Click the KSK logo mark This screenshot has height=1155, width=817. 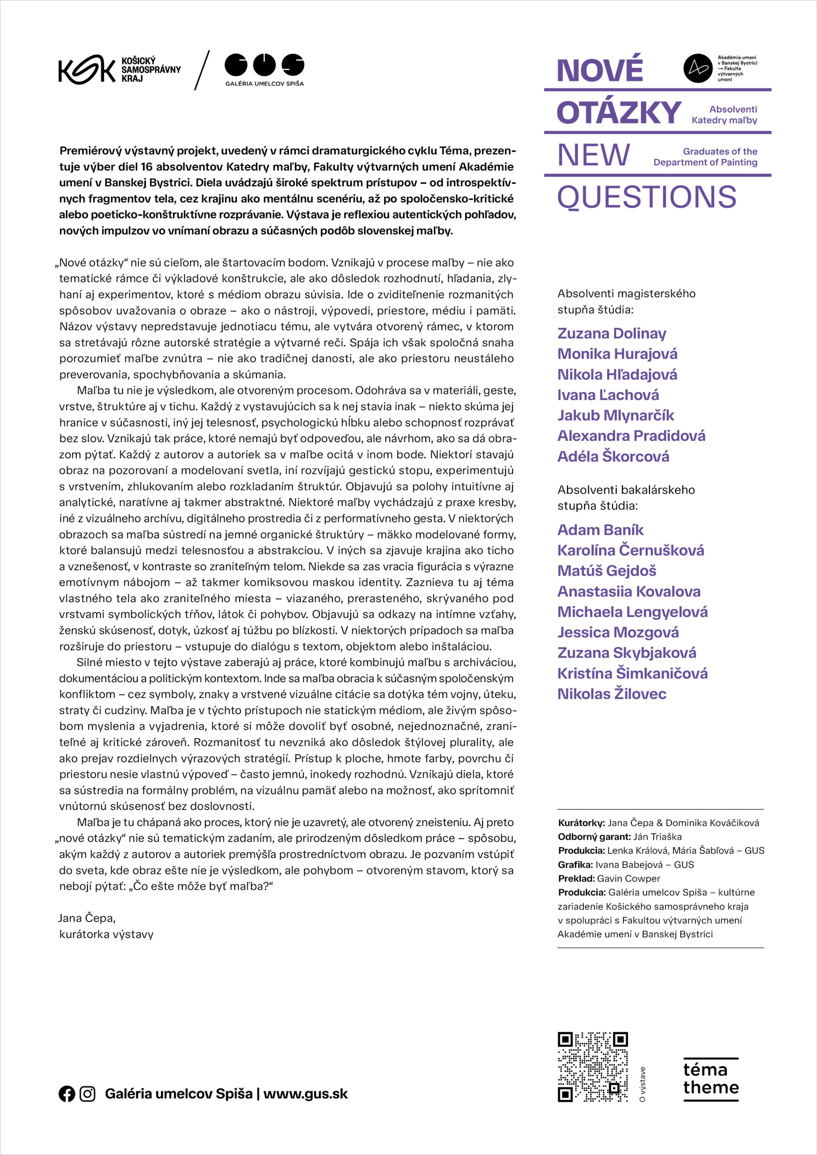click(x=86, y=69)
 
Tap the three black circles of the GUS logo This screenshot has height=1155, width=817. click(x=264, y=65)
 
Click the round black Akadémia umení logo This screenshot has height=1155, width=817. click(x=697, y=68)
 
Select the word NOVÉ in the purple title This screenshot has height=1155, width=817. click(x=599, y=70)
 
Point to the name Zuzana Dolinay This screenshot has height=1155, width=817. click(x=611, y=333)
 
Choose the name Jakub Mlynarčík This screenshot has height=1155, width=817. click(x=615, y=416)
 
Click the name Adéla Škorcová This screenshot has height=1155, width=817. click(x=613, y=457)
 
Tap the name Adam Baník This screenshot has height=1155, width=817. click(x=600, y=530)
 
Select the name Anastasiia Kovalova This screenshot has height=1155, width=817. click(x=628, y=591)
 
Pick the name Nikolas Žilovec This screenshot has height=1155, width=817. click(x=611, y=694)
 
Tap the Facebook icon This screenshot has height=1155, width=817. click(x=66, y=1094)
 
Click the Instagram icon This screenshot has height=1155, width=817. click(x=88, y=1094)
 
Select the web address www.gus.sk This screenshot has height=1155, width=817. click(x=305, y=1094)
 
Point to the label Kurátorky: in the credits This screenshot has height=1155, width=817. click(x=581, y=823)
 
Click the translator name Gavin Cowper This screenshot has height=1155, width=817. click(x=628, y=878)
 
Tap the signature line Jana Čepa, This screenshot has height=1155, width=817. click(x=87, y=918)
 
